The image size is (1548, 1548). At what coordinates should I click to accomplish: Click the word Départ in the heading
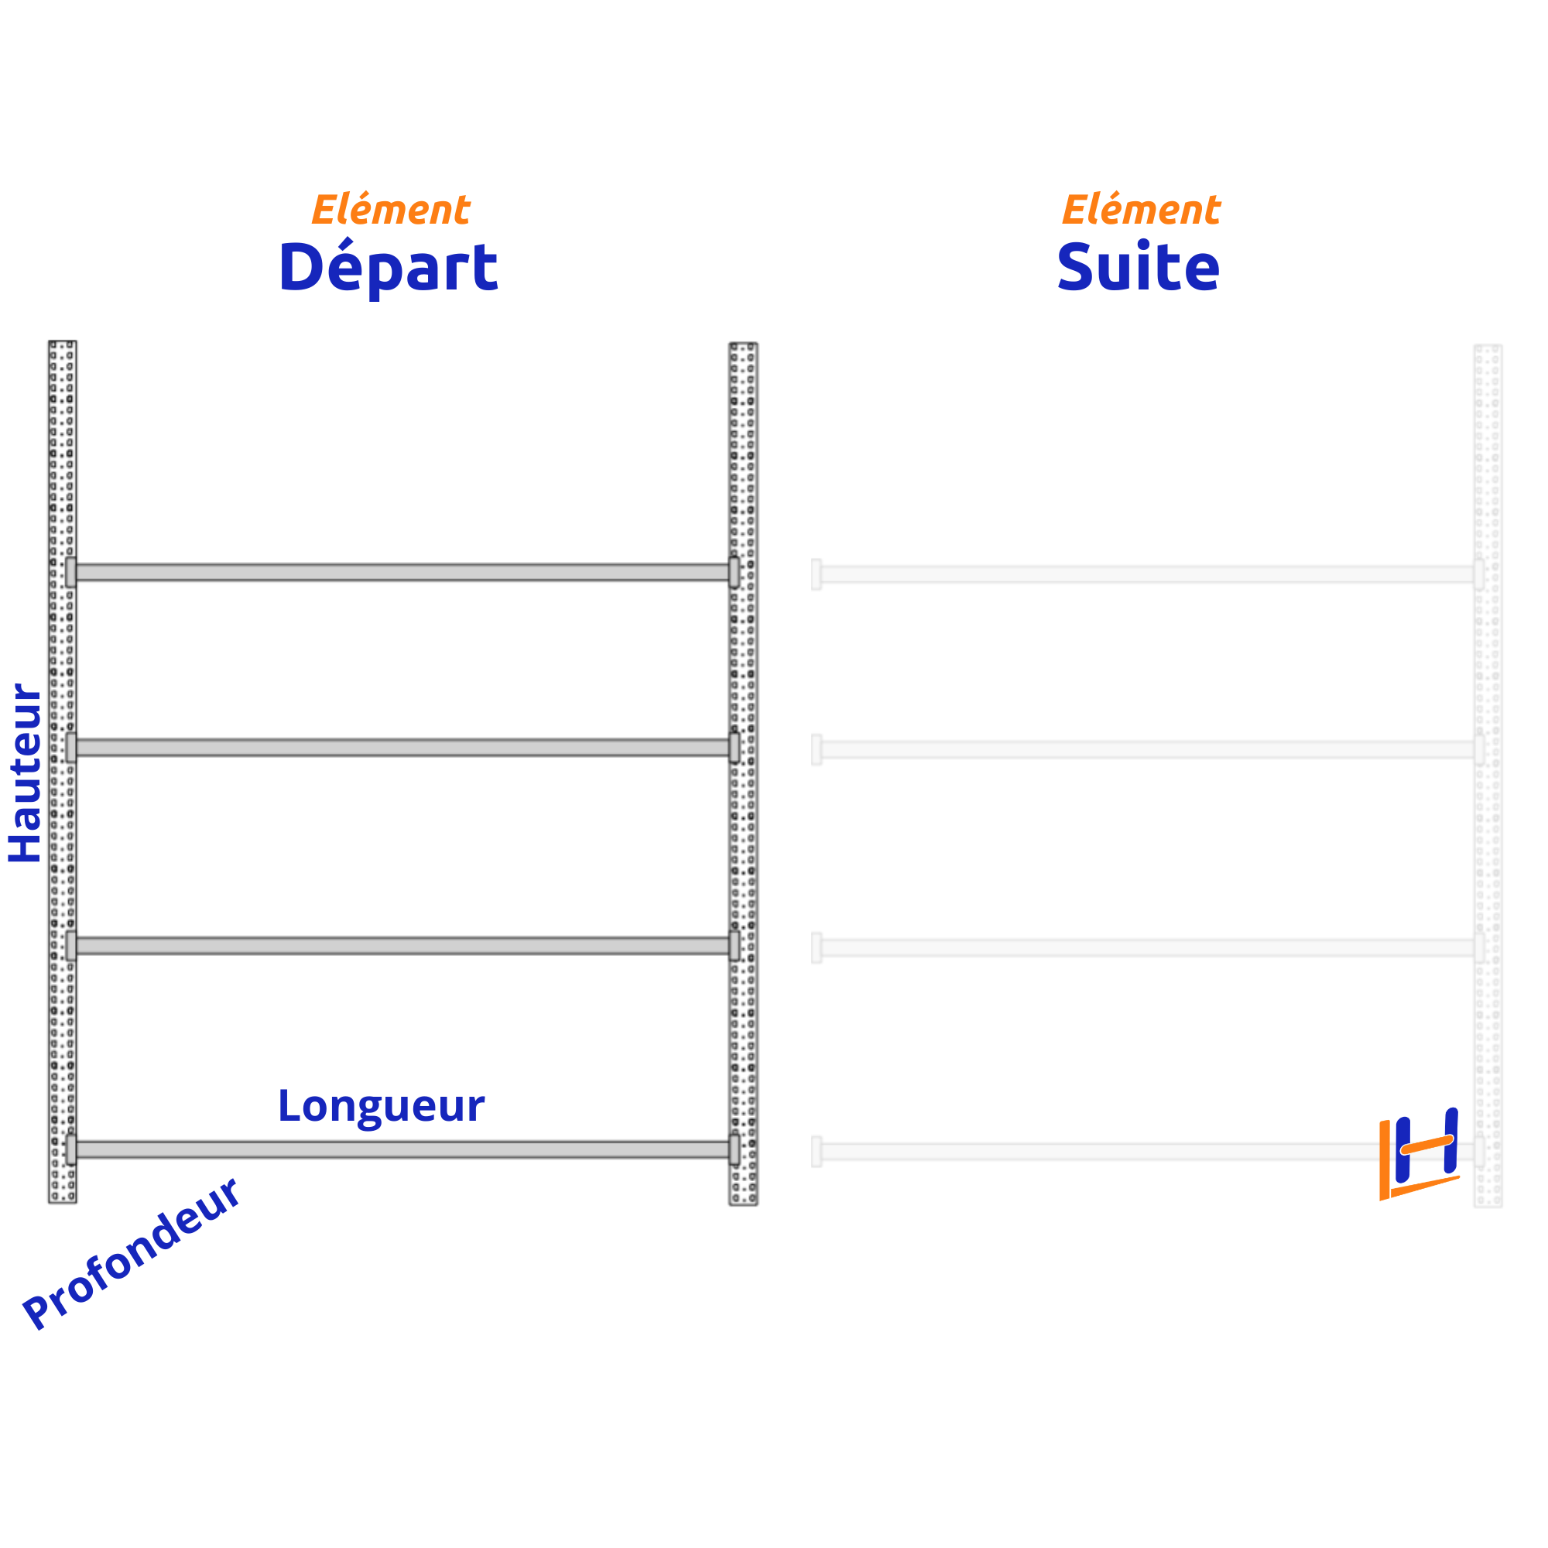click(388, 267)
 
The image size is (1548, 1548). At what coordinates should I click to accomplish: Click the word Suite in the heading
click(1138, 267)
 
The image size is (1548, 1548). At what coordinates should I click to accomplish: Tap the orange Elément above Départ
click(390, 210)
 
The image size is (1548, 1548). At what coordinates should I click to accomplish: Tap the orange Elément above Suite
click(1140, 210)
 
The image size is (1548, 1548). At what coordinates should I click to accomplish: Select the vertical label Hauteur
click(26, 773)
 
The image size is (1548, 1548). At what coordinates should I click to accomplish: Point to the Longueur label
click(381, 1107)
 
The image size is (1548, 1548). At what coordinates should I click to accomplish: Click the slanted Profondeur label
click(131, 1254)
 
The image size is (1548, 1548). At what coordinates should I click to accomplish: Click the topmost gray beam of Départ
click(401, 572)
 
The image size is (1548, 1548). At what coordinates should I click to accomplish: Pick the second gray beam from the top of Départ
click(401, 748)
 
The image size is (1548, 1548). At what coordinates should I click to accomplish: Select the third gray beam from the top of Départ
click(401, 946)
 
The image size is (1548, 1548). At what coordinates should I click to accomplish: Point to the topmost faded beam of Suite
click(1146, 574)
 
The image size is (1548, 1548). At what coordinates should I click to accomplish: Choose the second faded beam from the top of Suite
click(1146, 750)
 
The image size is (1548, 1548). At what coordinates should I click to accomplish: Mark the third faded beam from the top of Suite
click(1146, 948)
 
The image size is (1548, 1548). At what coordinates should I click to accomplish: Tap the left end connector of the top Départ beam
click(71, 572)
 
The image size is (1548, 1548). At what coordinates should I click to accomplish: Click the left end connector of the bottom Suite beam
click(817, 1152)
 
